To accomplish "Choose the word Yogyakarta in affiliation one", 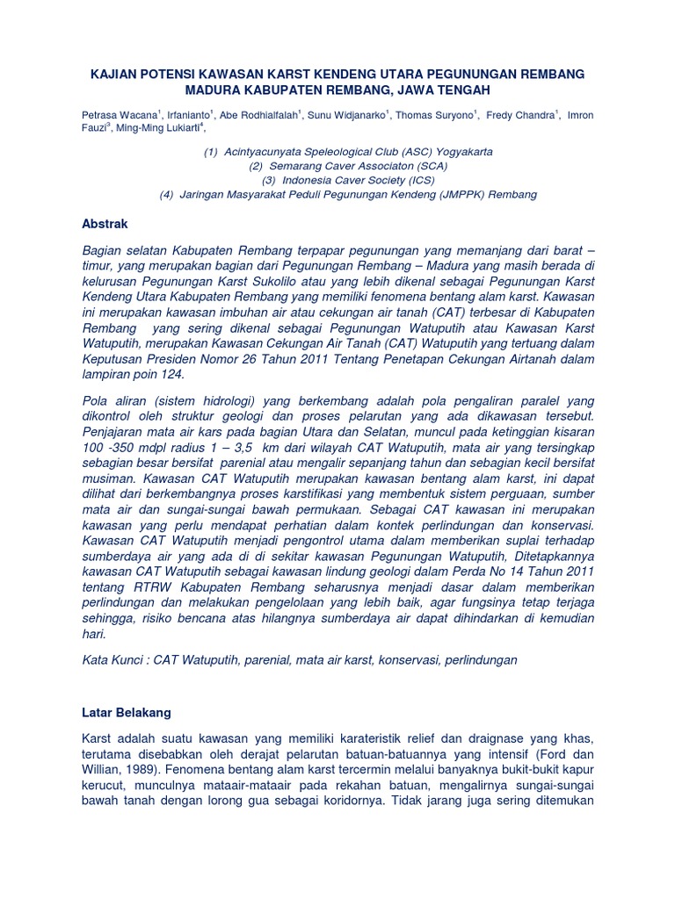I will click(465, 152).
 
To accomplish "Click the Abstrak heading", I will click(104, 224).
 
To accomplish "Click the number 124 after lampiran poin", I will click(172, 374).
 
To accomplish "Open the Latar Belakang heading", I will click(127, 712).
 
